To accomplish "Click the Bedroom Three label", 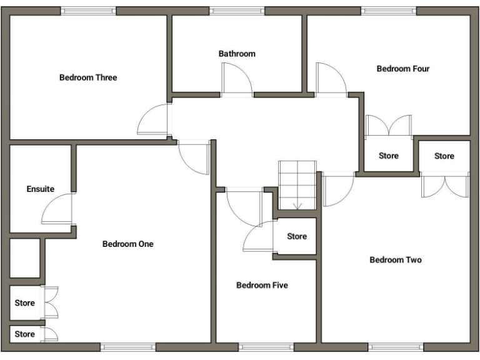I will (88, 77).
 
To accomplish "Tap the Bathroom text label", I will (237, 54).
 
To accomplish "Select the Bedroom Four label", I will (402, 69).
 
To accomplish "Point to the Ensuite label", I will (40, 189).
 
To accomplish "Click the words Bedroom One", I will (127, 244).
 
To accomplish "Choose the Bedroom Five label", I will (262, 285).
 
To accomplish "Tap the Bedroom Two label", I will (395, 260).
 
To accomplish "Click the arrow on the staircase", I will (297, 204).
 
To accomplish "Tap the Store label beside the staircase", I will (297, 236).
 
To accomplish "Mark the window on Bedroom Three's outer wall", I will (88, 11).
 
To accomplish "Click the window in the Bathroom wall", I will (237, 11).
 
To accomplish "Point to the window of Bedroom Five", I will (257, 346).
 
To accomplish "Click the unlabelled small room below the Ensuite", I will (24, 257).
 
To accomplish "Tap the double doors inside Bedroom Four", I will (389, 126).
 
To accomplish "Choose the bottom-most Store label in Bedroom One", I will (25, 334).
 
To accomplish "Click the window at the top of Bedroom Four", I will (388, 11).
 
